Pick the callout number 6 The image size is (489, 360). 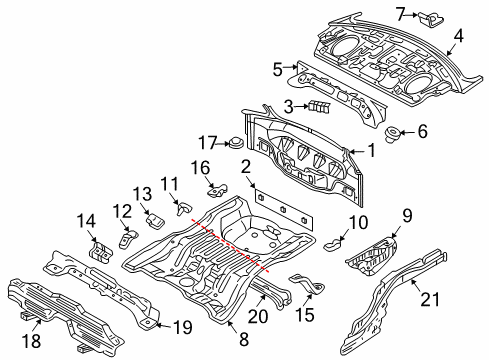point(421,130)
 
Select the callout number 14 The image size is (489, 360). point(88,220)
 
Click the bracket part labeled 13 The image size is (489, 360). point(154,219)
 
